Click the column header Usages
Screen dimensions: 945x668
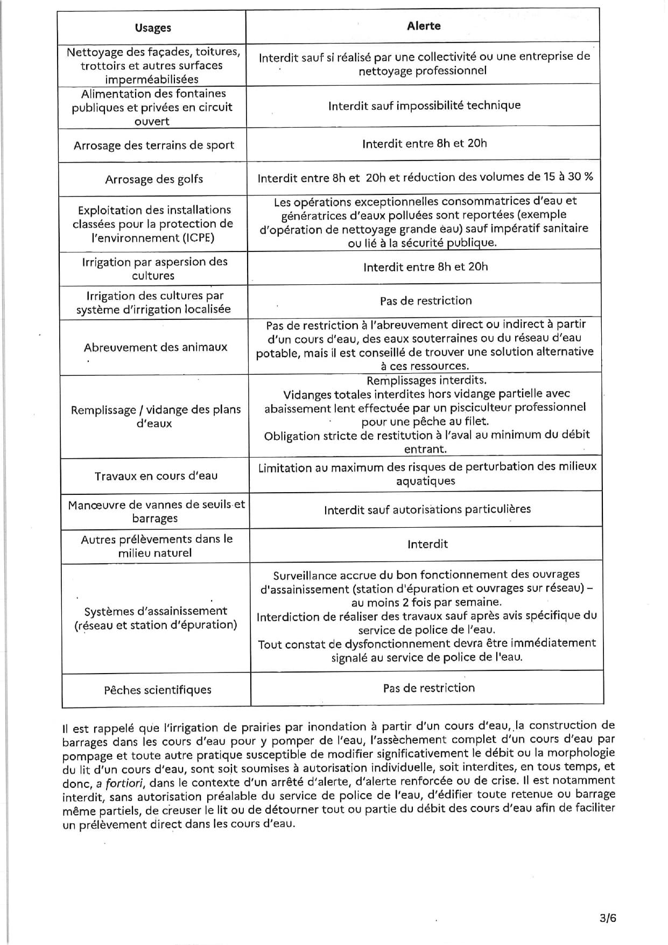point(153,28)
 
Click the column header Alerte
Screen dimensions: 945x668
point(424,26)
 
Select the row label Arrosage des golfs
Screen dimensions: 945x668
point(154,179)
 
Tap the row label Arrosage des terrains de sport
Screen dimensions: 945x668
point(154,145)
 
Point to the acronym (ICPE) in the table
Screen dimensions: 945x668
point(195,237)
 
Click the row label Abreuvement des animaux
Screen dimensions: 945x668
point(156,347)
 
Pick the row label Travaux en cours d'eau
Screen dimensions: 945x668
point(156,476)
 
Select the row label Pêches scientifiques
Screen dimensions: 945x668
point(158,690)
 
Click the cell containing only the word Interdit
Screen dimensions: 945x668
point(427,544)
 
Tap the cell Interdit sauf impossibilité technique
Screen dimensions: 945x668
point(424,105)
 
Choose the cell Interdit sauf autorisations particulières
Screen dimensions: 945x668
point(427,509)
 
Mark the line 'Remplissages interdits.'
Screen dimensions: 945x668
point(426,381)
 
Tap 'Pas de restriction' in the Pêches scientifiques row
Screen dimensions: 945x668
point(428,688)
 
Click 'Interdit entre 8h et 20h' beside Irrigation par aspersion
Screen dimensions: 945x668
point(425,267)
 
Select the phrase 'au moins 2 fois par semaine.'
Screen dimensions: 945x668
point(426,603)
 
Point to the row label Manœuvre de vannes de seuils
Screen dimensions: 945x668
point(156,512)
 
